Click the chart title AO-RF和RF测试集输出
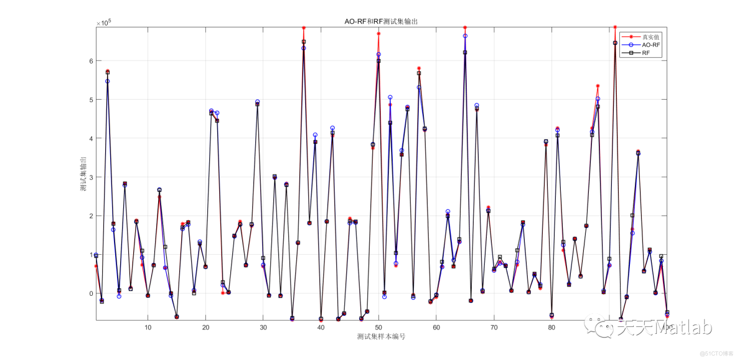click(x=381, y=21)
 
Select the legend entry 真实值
click(x=651, y=37)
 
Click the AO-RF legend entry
click(x=651, y=45)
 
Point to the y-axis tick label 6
click(x=90, y=61)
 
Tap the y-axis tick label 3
click(x=90, y=178)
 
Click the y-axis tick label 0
click(x=90, y=294)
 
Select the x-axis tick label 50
click(x=378, y=326)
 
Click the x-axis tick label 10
click(x=148, y=326)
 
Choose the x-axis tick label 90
click(x=609, y=326)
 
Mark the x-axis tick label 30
click(x=263, y=326)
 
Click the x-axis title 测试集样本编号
click(x=381, y=336)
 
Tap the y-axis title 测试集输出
click(x=82, y=174)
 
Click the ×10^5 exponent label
click(x=103, y=23)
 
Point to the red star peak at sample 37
click(x=304, y=28)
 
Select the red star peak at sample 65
click(x=465, y=27)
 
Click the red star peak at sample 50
click(x=378, y=34)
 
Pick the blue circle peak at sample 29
click(x=258, y=102)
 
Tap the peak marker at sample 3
click(x=108, y=72)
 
